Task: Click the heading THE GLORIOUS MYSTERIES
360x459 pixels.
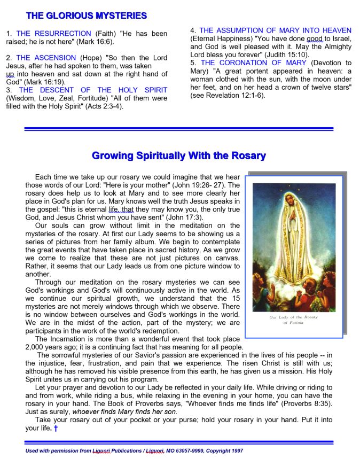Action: pyautogui.click(x=86, y=16)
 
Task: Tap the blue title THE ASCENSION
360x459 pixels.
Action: pyautogui.click(x=46, y=58)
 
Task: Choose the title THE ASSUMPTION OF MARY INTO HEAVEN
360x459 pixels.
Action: pyautogui.click(x=275, y=30)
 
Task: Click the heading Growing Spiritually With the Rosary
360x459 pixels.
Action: pyautogui.click(x=178, y=156)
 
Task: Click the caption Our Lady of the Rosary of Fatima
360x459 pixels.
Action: pyautogui.click(x=293, y=320)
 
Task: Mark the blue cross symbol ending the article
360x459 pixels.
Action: pyautogui.click(x=55, y=428)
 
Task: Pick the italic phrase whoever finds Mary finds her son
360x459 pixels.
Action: pyautogui.click(x=124, y=411)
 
